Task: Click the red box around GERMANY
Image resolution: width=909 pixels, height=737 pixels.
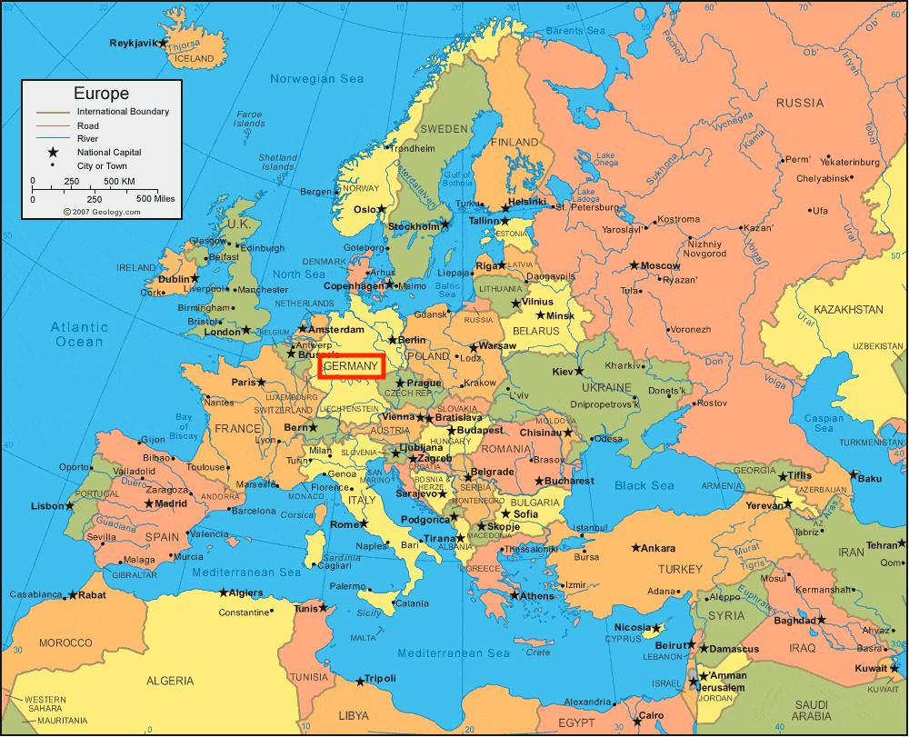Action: click(353, 366)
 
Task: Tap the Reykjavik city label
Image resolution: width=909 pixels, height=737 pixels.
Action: click(133, 43)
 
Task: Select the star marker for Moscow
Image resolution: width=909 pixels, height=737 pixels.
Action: click(634, 265)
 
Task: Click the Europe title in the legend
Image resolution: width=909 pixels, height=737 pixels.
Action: click(101, 94)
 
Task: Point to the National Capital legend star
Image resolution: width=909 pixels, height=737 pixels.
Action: click(53, 153)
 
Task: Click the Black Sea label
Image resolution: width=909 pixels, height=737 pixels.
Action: click(644, 486)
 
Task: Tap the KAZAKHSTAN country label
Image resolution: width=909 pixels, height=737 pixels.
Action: click(848, 310)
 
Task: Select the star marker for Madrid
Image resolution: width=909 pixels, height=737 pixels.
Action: click(148, 503)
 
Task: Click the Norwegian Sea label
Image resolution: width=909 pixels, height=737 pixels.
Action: click(316, 79)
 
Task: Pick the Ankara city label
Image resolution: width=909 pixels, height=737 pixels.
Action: click(658, 548)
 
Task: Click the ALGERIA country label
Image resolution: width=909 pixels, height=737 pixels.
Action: click(170, 680)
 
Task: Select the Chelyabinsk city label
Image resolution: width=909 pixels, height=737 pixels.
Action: click(822, 178)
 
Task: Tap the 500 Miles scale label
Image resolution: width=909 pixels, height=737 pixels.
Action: click(155, 198)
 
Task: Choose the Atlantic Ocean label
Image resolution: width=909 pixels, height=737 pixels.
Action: click(79, 334)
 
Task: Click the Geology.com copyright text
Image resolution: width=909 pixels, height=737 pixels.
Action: click(102, 212)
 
